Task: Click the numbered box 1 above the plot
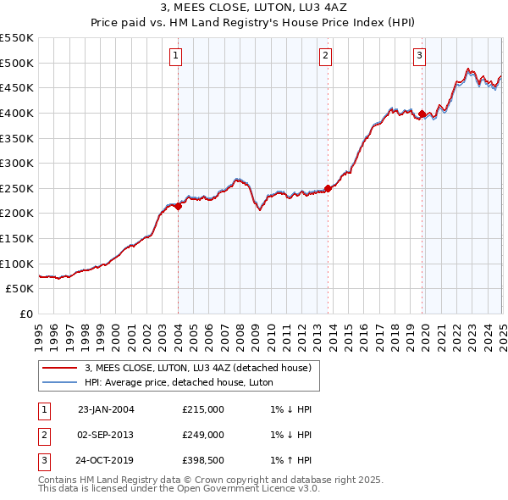[x=174, y=57]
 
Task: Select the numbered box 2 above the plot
[x=325, y=57]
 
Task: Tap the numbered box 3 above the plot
[x=419, y=57]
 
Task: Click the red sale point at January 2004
[x=179, y=205]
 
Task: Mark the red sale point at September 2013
[x=328, y=188]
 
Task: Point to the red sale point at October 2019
[x=422, y=114]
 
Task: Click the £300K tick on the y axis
[x=17, y=163]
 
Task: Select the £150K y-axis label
[x=17, y=238]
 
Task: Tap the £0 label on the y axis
[x=26, y=314]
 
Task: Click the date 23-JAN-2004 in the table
[x=106, y=409]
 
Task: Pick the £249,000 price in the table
[x=203, y=435]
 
